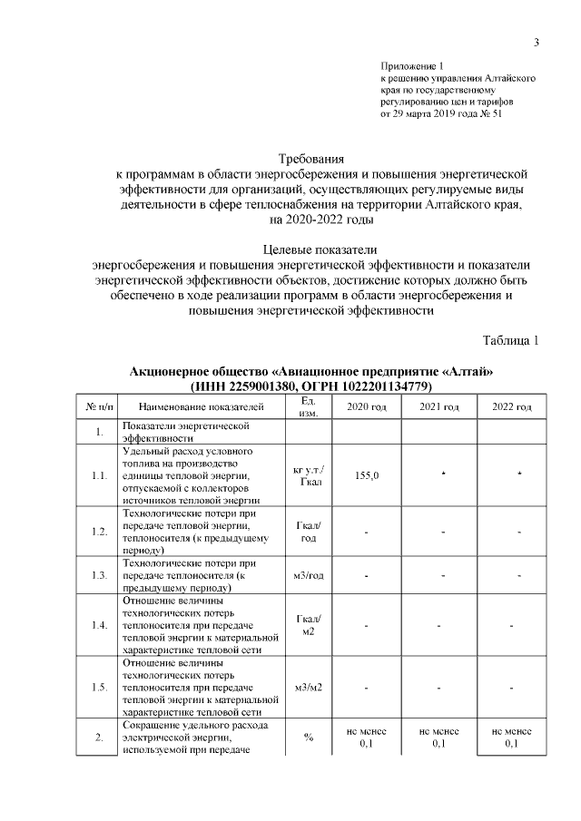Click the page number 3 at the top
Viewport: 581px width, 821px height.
point(537,43)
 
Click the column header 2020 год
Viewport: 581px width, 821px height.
point(367,406)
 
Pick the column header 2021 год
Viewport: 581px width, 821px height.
point(439,406)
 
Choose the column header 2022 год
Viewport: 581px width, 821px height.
point(512,406)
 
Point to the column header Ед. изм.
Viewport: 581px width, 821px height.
point(307,406)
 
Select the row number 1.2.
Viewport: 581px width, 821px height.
point(99,531)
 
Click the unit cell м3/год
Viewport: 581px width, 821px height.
point(309,575)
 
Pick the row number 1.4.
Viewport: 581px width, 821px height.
point(99,625)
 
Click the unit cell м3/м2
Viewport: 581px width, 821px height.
point(309,688)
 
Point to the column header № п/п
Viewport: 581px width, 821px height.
point(99,406)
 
